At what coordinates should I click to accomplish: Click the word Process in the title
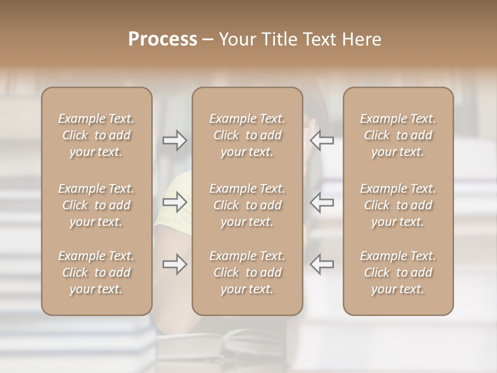[x=163, y=39]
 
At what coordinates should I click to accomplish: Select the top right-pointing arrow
[x=175, y=140]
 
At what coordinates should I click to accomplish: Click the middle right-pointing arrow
[x=175, y=202]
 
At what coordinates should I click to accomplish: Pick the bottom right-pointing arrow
[x=175, y=264]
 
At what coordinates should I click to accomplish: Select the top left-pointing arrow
[x=321, y=140]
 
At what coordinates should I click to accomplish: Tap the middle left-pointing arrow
[x=321, y=202]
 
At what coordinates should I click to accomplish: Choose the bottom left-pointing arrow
[x=321, y=264]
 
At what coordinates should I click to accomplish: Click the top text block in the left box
[x=96, y=135]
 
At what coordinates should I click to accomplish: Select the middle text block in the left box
[x=96, y=205]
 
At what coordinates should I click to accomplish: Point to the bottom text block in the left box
[x=96, y=272]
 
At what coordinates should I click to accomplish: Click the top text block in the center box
[x=247, y=135]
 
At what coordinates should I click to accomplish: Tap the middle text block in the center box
[x=247, y=205]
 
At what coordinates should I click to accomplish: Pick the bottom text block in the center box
[x=247, y=272]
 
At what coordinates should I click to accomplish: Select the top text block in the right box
[x=398, y=135]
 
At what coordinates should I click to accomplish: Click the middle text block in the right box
[x=398, y=205]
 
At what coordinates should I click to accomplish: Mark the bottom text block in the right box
[x=398, y=272]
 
